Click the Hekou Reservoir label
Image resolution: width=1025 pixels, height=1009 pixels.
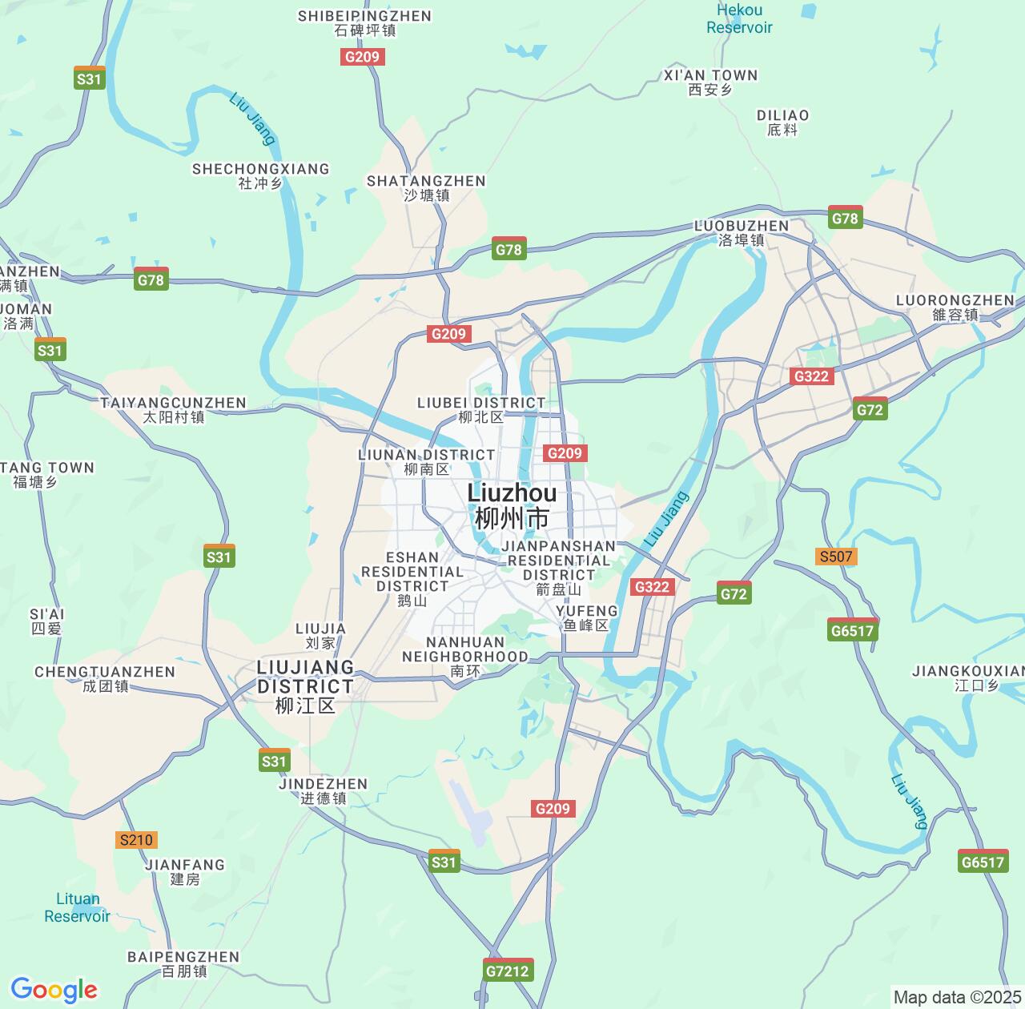(x=739, y=18)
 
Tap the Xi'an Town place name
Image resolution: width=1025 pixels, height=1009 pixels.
(x=710, y=82)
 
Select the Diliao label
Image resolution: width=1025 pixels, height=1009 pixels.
(x=782, y=122)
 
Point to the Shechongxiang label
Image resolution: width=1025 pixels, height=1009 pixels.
(x=260, y=175)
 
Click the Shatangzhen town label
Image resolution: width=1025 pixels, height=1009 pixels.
(x=426, y=187)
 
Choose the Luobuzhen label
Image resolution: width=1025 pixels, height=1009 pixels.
(x=741, y=232)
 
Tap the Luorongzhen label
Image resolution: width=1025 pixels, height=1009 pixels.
(x=955, y=307)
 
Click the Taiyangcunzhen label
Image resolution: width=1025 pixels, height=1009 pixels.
(x=173, y=409)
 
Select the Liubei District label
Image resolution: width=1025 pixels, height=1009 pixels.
(x=481, y=409)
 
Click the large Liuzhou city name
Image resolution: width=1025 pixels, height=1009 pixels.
(x=512, y=505)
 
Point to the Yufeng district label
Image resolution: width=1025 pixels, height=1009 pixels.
(x=586, y=617)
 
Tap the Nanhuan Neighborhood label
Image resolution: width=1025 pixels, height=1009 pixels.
(x=464, y=656)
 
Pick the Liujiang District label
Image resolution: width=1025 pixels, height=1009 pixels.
(x=305, y=686)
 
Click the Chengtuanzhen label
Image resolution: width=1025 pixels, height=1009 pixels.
(x=105, y=678)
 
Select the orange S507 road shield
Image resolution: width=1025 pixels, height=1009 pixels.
(x=836, y=557)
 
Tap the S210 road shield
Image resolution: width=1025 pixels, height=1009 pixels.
(x=135, y=840)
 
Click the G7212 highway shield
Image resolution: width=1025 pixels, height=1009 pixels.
(x=508, y=971)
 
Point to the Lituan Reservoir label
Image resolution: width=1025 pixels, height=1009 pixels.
(x=78, y=907)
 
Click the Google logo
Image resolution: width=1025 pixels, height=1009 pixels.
(x=54, y=990)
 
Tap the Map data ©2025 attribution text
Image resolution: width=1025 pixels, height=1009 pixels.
(x=957, y=997)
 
